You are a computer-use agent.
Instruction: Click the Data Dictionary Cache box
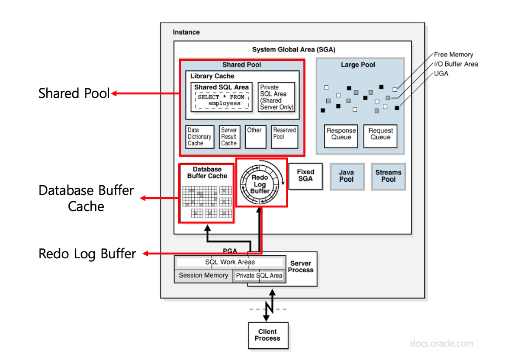(200, 137)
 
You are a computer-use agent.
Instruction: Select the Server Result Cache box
(229, 137)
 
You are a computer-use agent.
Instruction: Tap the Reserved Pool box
(285, 137)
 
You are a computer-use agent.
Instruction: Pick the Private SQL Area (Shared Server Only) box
(276, 97)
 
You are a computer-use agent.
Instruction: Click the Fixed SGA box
(305, 176)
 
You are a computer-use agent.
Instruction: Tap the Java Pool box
(346, 176)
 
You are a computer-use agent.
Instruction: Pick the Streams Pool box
(388, 176)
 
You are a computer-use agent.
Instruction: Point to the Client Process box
(267, 335)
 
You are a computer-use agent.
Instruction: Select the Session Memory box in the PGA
(203, 276)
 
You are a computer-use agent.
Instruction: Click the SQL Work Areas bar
(230, 262)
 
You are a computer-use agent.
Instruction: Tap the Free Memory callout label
(453, 55)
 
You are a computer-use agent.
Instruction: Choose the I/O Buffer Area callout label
(456, 64)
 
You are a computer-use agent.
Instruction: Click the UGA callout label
(441, 74)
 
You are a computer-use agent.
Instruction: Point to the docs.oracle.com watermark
(441, 344)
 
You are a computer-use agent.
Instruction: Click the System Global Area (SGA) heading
(293, 49)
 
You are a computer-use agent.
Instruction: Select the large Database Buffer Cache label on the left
(86, 198)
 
